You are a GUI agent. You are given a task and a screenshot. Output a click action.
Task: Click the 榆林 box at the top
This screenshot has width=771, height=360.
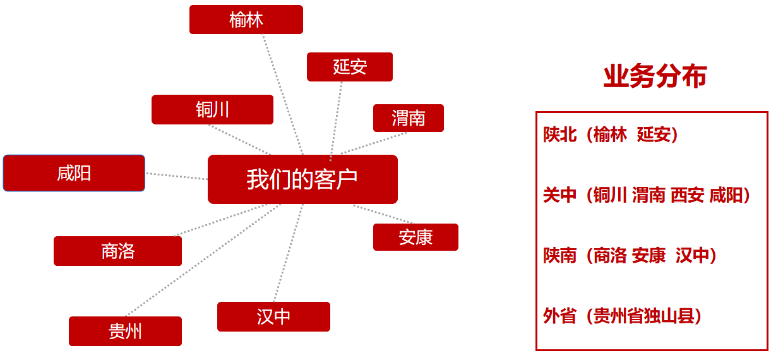(246, 20)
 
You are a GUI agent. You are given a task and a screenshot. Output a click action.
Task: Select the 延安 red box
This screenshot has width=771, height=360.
(350, 67)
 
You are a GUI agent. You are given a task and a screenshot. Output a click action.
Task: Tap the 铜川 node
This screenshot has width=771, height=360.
(212, 110)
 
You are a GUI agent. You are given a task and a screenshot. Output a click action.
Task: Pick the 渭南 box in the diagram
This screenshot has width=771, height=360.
(408, 118)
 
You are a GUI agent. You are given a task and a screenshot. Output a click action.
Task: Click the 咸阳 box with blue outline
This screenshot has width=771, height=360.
(74, 173)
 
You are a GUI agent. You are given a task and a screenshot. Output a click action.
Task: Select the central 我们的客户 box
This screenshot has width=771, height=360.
(302, 179)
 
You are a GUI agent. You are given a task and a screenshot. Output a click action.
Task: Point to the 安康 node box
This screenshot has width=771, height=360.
(415, 237)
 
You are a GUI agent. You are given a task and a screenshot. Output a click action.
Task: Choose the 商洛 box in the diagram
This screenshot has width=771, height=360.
(117, 251)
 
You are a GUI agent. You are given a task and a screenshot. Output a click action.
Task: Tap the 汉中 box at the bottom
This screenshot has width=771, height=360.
(273, 316)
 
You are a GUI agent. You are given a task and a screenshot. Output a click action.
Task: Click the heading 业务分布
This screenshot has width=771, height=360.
(655, 77)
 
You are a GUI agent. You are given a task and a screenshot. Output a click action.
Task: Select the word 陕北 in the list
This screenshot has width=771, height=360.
(560, 135)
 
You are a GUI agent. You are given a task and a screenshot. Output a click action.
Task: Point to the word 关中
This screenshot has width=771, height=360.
(560, 195)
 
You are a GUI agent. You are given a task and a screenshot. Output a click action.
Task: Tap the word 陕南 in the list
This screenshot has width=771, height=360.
(560, 256)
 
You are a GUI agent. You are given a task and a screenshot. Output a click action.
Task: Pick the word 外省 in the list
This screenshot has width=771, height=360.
(560, 316)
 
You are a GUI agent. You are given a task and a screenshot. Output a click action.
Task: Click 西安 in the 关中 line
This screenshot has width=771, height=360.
(688, 195)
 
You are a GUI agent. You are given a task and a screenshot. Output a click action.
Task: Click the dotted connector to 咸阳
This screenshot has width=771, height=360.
(177, 176)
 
